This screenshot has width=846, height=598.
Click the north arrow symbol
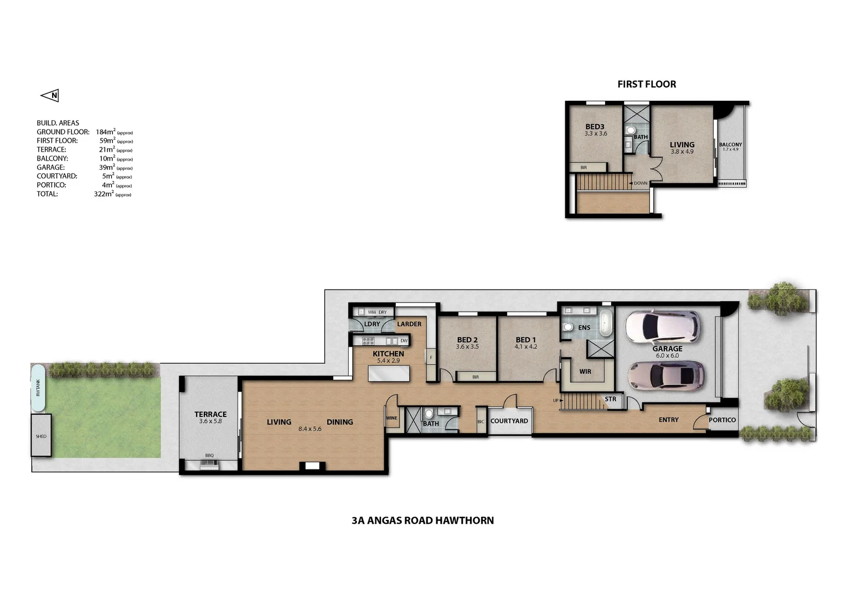coord(50,96)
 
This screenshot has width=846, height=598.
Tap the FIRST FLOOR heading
coord(646,84)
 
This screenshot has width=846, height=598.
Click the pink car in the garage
coord(666,376)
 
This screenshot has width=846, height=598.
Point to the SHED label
coord(41,436)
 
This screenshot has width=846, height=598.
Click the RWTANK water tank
coord(38,388)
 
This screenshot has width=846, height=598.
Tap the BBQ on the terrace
coord(209,463)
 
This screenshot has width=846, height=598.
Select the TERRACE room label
coord(210,414)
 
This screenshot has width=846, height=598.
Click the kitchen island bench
coord(389,374)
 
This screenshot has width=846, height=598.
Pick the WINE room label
coord(391,418)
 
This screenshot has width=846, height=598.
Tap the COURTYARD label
coord(509,421)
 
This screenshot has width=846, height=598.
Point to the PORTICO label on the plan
coord(722,420)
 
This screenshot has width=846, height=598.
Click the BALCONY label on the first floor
coord(730,145)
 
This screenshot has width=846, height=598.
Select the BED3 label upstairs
coord(595,126)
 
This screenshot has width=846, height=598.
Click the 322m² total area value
coord(104,194)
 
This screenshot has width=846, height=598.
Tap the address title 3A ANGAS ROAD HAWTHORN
coord(422,520)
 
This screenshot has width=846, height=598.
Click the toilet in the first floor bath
coord(630,131)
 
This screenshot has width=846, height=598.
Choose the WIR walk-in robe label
coord(585,372)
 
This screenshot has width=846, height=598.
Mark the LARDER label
coord(409,324)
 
